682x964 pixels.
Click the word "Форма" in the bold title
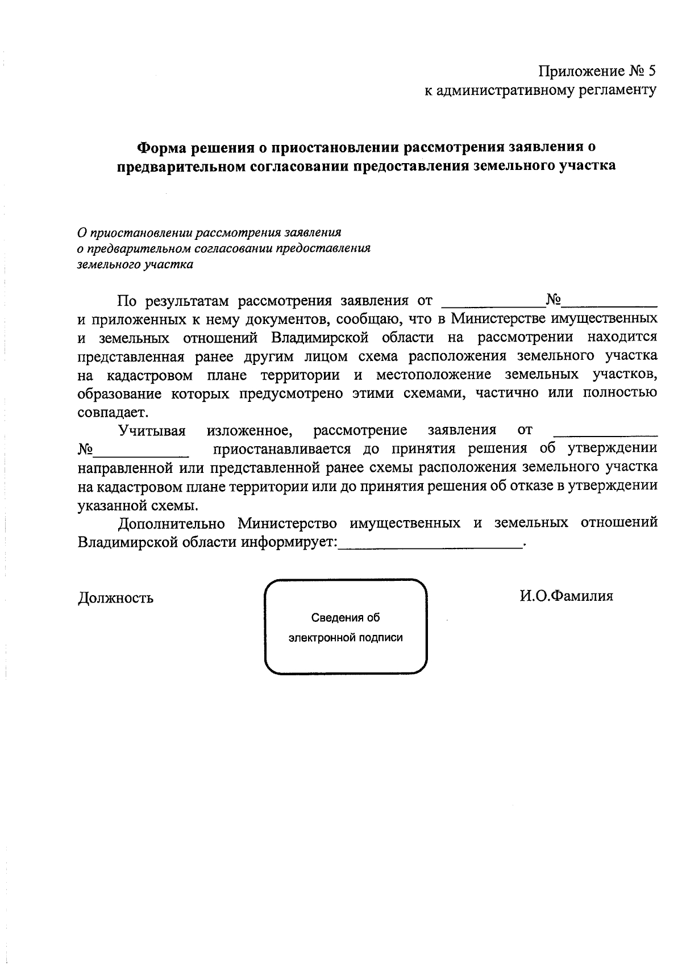[161, 147]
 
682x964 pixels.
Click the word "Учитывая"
[152, 430]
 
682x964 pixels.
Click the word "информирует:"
[289, 542]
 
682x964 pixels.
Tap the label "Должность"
[115, 597]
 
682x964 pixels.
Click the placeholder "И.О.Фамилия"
[565, 596]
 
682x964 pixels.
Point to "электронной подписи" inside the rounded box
[346, 637]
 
